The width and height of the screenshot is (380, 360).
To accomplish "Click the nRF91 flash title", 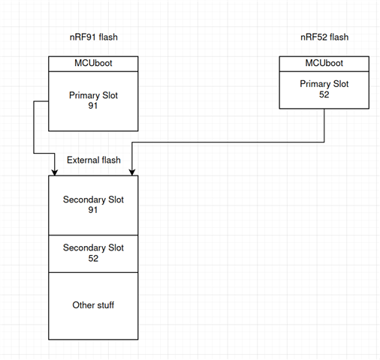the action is point(94,37).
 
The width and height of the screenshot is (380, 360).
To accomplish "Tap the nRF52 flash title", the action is point(324,37).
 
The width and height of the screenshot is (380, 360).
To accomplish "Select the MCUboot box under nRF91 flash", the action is point(93,64).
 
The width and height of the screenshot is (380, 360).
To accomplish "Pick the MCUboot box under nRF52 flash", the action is point(324,64).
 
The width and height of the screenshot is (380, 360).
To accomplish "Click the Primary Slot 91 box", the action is point(93,101).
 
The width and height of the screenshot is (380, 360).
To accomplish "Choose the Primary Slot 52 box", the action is point(324,90).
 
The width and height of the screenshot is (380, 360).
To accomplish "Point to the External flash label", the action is point(94,160).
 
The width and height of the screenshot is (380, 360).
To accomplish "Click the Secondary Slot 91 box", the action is point(93,205).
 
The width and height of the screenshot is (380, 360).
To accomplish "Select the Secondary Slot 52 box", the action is point(93,253).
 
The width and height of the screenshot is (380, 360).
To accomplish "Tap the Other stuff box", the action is point(93,306).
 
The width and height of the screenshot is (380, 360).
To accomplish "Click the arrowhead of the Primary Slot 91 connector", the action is point(55,172).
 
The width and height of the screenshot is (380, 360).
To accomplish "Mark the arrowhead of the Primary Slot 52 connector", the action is point(132,172).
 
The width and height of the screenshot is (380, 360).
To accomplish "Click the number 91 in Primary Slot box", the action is point(93,106).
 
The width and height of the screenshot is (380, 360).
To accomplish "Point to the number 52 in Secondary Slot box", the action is point(93,258).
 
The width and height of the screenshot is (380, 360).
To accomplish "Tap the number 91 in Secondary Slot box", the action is point(93,210).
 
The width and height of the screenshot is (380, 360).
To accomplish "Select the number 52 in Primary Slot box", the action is point(324,94).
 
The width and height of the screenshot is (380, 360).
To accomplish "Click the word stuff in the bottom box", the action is point(105,305).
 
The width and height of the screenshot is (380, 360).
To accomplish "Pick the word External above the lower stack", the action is point(83,160).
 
